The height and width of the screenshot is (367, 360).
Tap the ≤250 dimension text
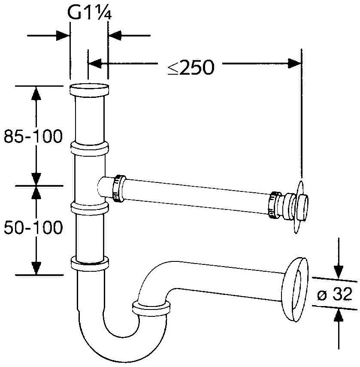(x=191, y=67)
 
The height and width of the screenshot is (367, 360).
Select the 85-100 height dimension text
(x=33, y=136)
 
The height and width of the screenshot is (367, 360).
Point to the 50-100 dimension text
(x=33, y=227)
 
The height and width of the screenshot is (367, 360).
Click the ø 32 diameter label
(x=335, y=294)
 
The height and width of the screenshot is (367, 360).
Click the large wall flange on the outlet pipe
(x=295, y=290)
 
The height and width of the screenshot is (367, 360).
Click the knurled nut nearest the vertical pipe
(x=119, y=188)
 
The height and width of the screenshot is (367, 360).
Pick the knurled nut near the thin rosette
(x=274, y=205)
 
